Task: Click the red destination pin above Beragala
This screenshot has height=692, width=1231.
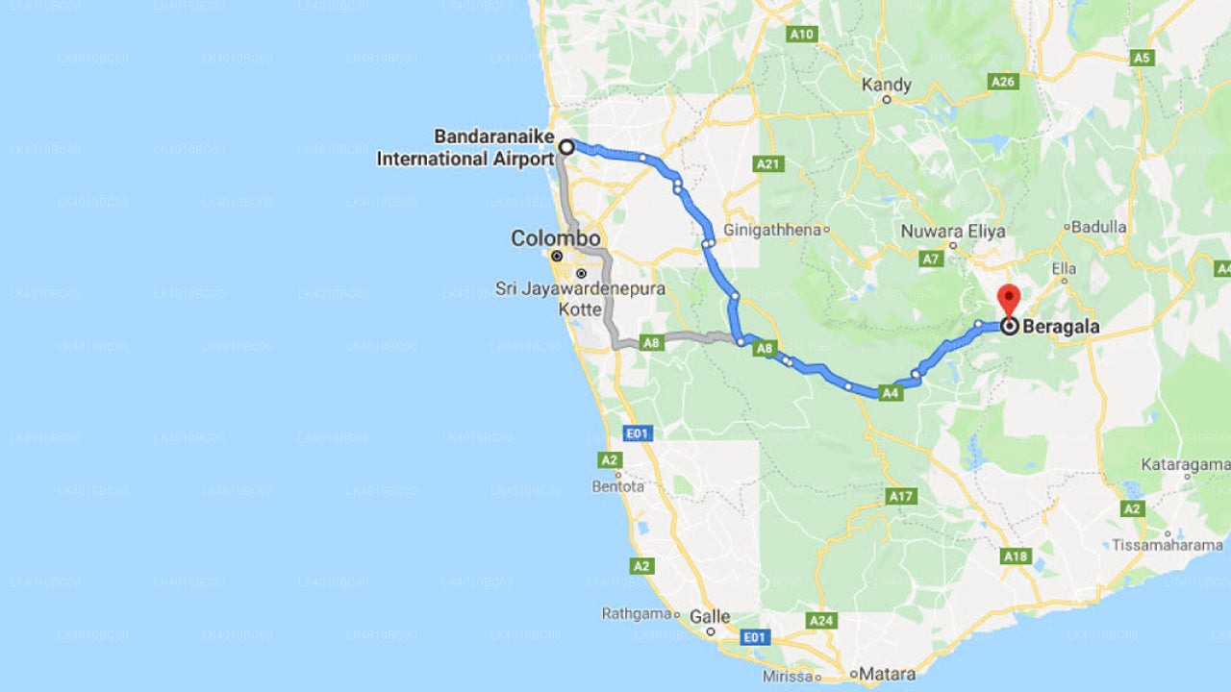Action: (1008, 298)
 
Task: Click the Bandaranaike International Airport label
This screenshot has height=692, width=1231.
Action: (465, 148)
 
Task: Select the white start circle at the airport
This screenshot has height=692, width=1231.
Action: (567, 147)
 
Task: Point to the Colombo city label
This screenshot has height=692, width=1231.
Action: (556, 238)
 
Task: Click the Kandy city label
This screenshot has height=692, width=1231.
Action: (886, 85)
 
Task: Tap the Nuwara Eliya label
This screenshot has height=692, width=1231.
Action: (953, 232)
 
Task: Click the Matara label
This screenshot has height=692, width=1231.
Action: (888, 674)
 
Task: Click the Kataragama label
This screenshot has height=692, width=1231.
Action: (1185, 464)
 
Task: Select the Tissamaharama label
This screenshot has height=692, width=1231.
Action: (1167, 545)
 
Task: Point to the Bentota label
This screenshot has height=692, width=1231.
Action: (618, 486)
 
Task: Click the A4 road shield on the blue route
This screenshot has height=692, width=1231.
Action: (891, 392)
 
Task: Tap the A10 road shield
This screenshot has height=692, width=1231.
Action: (801, 35)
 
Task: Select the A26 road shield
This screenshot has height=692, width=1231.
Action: (1003, 82)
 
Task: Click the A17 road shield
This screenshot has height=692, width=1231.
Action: (900, 497)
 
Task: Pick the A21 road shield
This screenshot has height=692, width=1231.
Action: (767, 164)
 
